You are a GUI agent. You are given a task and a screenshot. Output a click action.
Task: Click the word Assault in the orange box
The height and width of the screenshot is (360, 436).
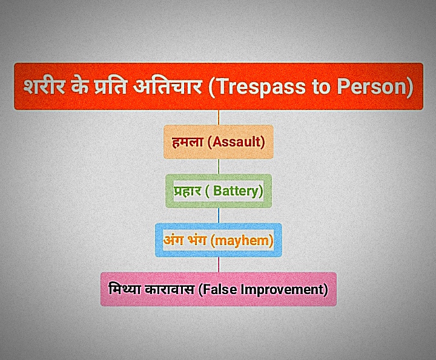tap(237, 142)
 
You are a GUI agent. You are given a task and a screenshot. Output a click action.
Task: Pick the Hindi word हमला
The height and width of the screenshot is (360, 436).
tap(187, 142)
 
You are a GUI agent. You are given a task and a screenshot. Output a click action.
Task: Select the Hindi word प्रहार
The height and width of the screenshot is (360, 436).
tap(187, 191)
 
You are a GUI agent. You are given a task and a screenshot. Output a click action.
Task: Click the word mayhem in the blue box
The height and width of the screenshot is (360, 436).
tap(241, 241)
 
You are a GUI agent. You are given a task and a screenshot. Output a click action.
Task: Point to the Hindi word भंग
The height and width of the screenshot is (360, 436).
tap(197, 240)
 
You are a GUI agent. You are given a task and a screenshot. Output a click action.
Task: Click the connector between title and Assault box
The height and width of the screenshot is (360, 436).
tap(219, 117)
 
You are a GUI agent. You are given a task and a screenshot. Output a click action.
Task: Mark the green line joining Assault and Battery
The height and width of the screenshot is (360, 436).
tap(219, 166)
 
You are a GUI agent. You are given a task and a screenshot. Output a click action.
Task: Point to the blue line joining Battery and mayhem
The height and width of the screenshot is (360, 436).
tap(219, 215)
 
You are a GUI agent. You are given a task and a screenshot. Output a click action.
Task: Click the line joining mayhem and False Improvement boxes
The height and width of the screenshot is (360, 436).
tap(219, 265)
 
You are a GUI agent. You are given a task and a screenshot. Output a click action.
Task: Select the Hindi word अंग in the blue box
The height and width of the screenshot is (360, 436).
tap(174, 240)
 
